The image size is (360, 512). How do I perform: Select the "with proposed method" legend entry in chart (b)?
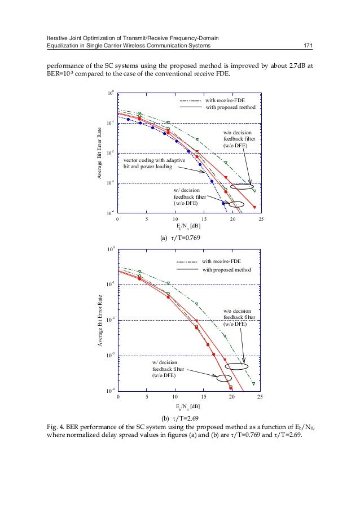(x=227, y=270)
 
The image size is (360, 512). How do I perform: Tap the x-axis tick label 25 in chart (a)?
(x=261, y=218)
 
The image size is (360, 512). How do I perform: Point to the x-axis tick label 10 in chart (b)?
(x=175, y=397)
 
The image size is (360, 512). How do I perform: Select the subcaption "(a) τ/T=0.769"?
(x=181, y=238)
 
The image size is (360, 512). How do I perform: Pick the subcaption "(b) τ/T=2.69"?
(x=181, y=418)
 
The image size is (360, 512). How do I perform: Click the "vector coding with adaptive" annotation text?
(x=155, y=161)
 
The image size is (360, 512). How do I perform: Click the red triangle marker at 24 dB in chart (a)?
(x=254, y=207)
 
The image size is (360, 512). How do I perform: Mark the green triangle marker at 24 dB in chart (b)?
(x=254, y=383)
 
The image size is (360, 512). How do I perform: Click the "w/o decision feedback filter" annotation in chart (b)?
(x=242, y=317)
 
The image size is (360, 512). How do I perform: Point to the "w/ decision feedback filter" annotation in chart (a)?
(x=192, y=196)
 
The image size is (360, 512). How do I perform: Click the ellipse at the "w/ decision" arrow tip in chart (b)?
(x=224, y=379)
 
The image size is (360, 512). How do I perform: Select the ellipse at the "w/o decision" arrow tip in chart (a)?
(x=243, y=187)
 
